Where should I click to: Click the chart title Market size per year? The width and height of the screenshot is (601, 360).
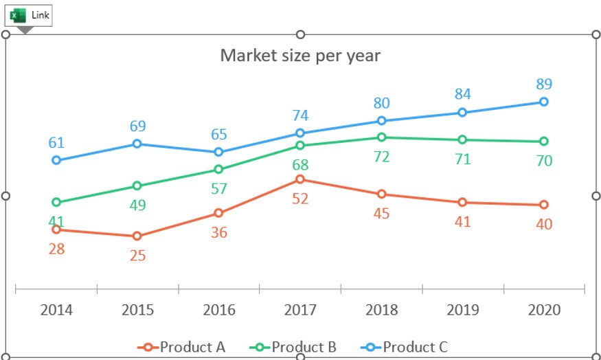(300, 55)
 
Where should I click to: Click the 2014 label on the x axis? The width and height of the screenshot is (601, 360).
(56, 310)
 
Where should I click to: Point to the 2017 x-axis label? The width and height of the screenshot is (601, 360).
(300, 310)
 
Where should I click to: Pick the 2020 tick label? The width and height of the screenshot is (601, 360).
(544, 310)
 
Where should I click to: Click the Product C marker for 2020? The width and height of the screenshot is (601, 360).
(544, 102)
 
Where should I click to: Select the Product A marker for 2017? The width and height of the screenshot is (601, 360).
(300, 179)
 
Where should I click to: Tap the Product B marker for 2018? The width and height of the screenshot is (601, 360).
(381, 137)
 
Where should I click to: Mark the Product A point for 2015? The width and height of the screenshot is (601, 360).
(137, 236)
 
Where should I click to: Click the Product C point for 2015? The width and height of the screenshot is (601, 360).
(137, 144)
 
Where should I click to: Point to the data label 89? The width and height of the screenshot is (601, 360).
(544, 84)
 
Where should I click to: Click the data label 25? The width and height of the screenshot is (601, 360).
(137, 256)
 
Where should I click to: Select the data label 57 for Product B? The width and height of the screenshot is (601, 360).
(218, 189)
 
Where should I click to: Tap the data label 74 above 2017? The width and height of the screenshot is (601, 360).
(300, 115)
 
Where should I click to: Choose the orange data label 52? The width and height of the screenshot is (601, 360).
(300, 199)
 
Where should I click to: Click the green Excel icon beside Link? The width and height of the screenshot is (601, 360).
(19, 15)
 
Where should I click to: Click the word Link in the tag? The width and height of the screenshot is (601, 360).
(41, 15)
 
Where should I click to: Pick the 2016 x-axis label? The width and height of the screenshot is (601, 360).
(218, 310)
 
